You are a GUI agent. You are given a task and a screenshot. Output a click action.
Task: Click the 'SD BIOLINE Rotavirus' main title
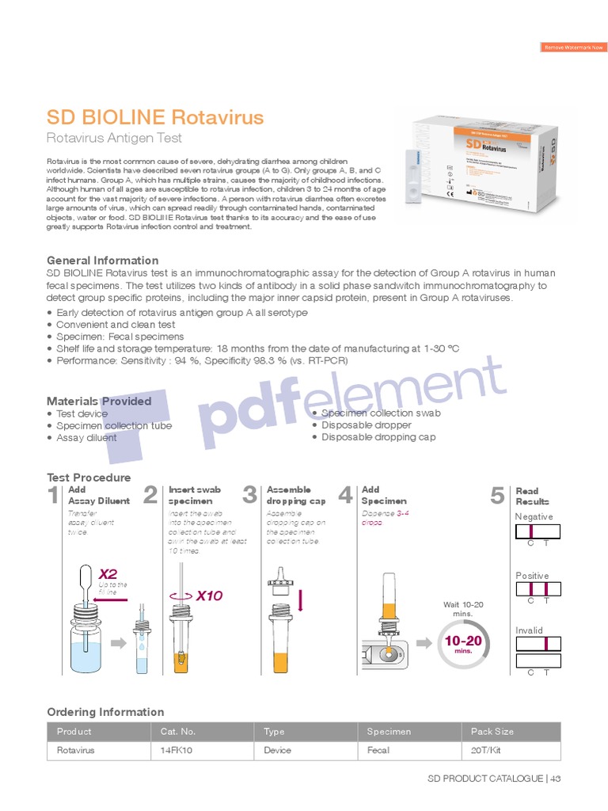pyautogui.click(x=154, y=118)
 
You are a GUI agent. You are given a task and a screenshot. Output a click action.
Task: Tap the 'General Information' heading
pyautogui.click(x=102, y=261)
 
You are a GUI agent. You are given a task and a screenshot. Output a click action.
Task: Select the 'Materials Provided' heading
pyautogui.click(x=99, y=401)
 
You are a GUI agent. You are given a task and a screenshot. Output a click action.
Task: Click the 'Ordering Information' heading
pyautogui.click(x=105, y=712)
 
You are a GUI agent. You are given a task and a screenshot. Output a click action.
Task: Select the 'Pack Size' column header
pyautogui.click(x=492, y=732)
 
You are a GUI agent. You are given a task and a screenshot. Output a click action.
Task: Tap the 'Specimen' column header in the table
pyautogui.click(x=389, y=732)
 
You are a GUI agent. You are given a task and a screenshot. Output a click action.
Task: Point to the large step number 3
pyautogui.click(x=250, y=496)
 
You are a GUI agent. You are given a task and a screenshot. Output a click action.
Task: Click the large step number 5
pyautogui.click(x=497, y=496)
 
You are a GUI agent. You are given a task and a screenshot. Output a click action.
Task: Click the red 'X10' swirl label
pyautogui.click(x=209, y=596)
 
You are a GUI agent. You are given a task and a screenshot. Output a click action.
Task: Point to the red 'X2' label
pyautogui.click(x=108, y=573)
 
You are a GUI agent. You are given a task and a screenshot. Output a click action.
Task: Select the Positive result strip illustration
pyautogui.click(x=538, y=589)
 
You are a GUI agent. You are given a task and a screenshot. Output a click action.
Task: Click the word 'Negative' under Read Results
pyautogui.click(x=534, y=516)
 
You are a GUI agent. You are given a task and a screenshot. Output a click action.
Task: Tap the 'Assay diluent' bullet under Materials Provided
pyautogui.click(x=86, y=438)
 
